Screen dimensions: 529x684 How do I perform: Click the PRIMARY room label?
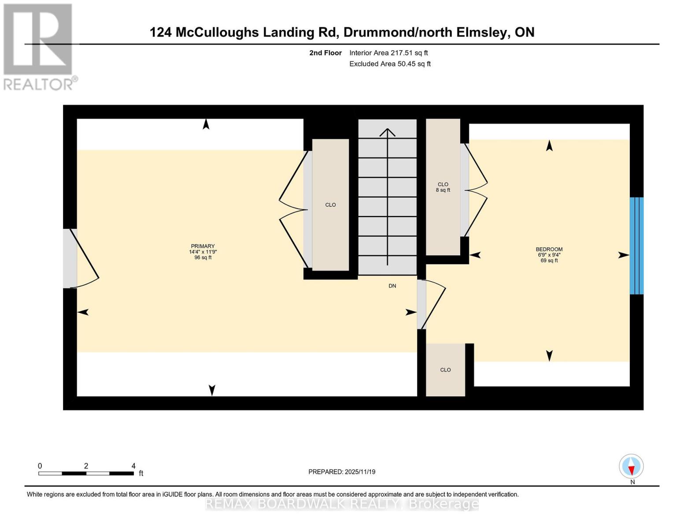(x=203, y=246)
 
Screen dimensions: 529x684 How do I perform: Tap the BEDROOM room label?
(x=549, y=250)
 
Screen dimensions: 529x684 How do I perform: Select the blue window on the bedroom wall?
(x=636, y=246)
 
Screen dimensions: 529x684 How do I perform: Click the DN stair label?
(x=392, y=286)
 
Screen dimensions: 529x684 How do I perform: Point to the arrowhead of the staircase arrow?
(x=387, y=131)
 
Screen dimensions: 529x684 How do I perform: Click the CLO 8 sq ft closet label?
(x=443, y=187)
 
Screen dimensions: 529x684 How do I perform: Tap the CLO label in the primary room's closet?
(x=330, y=205)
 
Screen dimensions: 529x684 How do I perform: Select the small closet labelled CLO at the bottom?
(x=445, y=370)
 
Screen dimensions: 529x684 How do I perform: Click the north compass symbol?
(x=631, y=466)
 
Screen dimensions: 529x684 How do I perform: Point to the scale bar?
(x=86, y=473)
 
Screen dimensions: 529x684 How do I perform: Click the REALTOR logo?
(x=38, y=47)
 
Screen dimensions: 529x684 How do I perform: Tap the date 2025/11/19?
(x=360, y=472)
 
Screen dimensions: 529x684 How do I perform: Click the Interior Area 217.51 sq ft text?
(x=388, y=53)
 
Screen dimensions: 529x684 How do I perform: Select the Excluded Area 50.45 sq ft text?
(x=390, y=64)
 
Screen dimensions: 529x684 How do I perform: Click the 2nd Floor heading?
(x=325, y=53)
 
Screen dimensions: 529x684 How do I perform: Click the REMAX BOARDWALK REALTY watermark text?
(x=341, y=504)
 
